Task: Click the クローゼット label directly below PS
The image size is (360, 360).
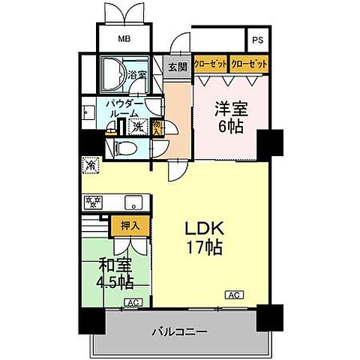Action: [x=249, y=64]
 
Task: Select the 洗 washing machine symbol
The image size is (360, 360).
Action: [x=136, y=126]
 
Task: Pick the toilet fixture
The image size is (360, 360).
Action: [x=126, y=148]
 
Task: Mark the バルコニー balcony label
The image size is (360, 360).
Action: [x=179, y=331]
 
